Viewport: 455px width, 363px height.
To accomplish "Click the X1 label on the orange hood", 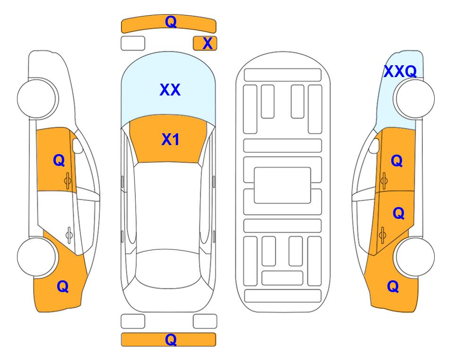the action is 171,139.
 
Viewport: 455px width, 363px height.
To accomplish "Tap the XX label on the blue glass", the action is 170,90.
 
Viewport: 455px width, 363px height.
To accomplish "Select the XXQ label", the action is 400,71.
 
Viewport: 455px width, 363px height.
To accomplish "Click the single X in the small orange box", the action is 207,43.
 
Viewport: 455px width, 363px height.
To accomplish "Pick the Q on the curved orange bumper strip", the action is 171,22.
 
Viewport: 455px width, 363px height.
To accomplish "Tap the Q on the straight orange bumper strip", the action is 171,339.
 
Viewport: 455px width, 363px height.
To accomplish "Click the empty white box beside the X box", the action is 133,43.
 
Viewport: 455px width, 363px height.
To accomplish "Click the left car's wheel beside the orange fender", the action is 37,257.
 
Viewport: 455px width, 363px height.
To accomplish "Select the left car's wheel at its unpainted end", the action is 37,98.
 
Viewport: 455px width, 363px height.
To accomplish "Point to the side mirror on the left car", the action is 77,146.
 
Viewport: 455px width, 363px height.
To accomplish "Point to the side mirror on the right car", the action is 374,146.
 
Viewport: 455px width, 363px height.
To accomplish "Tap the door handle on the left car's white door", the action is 69,235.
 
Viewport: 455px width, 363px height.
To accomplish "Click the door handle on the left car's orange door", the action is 68,181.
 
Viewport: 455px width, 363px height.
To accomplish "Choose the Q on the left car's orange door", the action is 59,160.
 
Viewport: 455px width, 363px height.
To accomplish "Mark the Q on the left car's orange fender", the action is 63,286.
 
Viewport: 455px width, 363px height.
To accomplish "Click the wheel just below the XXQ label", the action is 415,98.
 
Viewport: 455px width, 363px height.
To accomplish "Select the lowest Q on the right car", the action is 393,286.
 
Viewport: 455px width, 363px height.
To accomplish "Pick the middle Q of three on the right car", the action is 399,214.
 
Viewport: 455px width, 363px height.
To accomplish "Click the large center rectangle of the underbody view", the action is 283,185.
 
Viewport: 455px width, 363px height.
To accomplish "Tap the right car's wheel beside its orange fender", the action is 415,257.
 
